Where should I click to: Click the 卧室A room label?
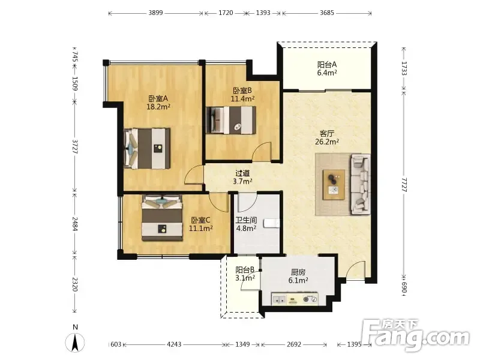158,98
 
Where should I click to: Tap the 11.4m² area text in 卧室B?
243,99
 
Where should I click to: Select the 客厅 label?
327,133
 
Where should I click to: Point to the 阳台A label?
327,65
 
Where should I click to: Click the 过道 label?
242,173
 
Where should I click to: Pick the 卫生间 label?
246,220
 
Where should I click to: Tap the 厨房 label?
298,272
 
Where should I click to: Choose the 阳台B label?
245,270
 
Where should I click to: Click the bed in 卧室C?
162,218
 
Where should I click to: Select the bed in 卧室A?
147,148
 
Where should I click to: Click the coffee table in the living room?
334,185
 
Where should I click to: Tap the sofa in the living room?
361,184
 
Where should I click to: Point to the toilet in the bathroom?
272,223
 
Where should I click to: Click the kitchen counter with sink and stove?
295,299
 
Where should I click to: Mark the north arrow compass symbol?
75,341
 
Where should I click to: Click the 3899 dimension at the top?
155,13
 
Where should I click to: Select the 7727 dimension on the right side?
404,185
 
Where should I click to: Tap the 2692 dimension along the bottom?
294,344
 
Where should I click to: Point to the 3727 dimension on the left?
75,146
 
